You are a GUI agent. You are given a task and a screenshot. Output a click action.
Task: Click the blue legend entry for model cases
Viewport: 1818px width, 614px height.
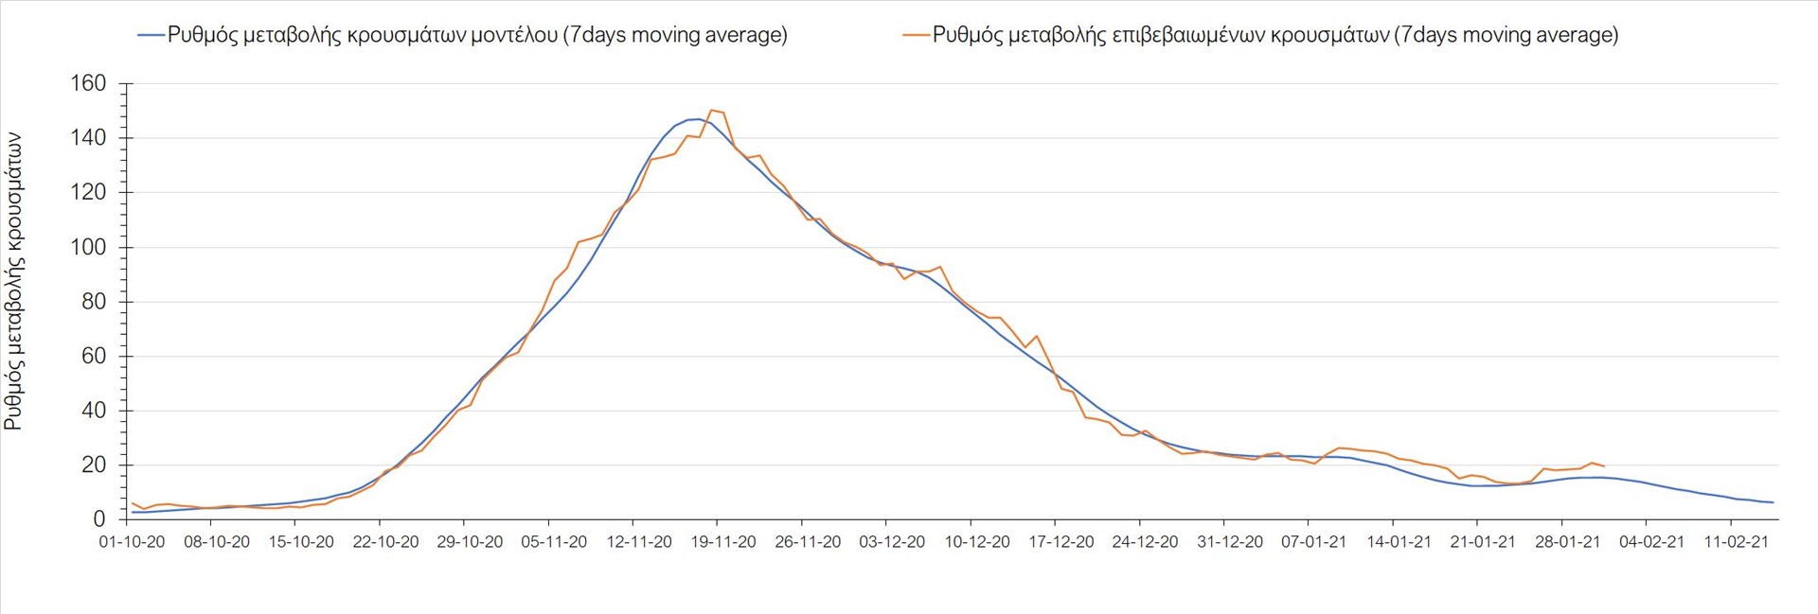click(463, 35)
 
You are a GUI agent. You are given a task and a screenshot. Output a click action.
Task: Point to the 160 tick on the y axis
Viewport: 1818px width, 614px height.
click(88, 83)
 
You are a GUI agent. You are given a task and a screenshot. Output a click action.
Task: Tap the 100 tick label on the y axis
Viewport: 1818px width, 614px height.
click(88, 247)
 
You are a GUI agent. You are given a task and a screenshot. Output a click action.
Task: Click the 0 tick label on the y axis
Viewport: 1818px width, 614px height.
click(99, 519)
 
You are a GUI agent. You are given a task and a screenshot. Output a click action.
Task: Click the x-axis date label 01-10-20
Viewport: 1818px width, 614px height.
click(132, 542)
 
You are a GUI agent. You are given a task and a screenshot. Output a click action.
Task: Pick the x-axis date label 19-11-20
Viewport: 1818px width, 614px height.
click(723, 542)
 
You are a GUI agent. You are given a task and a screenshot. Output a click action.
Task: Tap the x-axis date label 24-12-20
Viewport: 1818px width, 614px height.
click(1146, 542)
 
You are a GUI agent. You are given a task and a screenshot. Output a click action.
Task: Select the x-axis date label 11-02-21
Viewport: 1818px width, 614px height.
click(1737, 542)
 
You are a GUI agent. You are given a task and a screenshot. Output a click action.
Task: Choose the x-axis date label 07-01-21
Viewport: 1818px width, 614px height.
click(1314, 542)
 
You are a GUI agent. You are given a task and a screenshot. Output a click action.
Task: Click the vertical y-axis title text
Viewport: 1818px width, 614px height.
click(13, 282)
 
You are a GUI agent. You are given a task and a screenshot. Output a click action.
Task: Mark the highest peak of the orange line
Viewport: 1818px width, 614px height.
click(712, 111)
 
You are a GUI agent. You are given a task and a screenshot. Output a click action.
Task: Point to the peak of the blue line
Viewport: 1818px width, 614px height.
click(696, 119)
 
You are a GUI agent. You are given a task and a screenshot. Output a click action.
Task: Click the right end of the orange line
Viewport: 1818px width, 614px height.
click(1603, 466)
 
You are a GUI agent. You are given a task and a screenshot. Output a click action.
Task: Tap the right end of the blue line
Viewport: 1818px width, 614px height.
click(1773, 502)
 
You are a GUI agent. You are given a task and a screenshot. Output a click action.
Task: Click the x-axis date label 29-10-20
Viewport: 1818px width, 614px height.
click(470, 542)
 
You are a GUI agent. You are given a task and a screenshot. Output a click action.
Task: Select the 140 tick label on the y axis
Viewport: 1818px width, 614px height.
click(88, 138)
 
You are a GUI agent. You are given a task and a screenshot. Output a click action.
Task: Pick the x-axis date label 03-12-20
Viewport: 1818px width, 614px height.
click(892, 542)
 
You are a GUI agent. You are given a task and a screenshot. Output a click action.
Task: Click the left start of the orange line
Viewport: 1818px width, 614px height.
click(132, 502)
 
